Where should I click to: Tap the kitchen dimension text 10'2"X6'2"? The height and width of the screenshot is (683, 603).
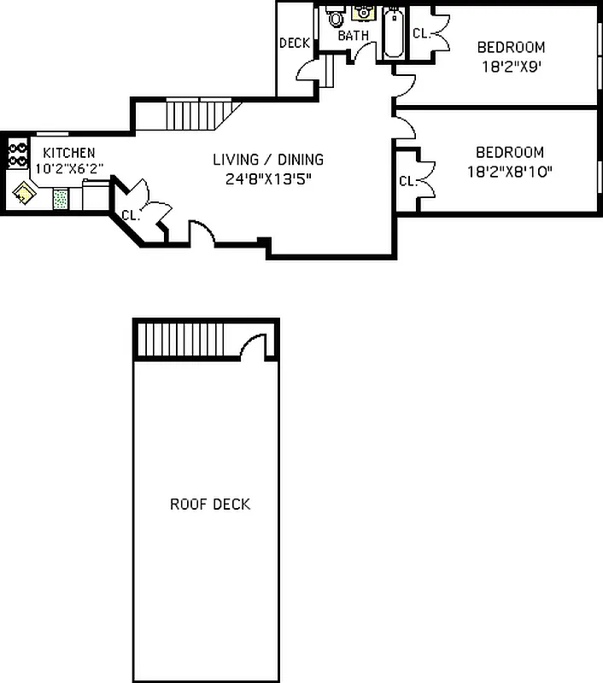69,168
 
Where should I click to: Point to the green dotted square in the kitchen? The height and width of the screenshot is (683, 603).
61,200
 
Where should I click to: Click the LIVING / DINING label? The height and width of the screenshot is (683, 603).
268,160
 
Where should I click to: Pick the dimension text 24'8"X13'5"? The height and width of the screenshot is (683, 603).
268,179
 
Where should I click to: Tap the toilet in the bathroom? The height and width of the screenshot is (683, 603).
336,17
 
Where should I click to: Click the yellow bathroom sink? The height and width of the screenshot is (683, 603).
362,13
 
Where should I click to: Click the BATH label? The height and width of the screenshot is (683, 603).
353,36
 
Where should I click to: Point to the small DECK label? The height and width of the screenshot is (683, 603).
295,44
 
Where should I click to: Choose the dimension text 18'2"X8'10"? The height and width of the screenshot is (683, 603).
510,171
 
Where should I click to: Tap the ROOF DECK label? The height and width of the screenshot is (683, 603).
210,504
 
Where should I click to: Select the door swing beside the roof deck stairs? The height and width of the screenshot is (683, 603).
253,346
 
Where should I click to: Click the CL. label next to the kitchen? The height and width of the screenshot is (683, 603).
130,215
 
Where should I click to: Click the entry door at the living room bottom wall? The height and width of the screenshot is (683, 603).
201,232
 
